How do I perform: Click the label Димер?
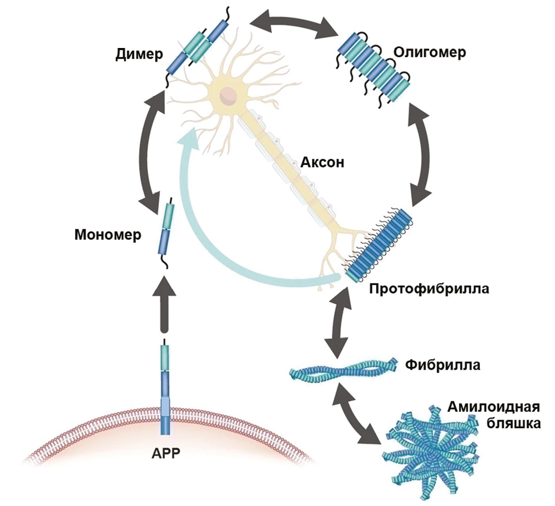[139, 54]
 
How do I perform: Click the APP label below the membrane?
[166, 452]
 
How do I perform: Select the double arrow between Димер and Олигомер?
[295, 23]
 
